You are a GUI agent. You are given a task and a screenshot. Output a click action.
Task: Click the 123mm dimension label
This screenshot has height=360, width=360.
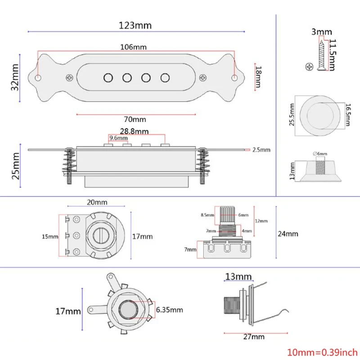point(135,25)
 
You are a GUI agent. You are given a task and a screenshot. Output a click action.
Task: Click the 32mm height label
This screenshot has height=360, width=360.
point(15,78)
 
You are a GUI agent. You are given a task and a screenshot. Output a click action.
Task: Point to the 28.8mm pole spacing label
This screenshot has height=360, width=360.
point(136,131)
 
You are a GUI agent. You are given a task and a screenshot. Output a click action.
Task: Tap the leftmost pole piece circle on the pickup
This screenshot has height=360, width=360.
point(108,77)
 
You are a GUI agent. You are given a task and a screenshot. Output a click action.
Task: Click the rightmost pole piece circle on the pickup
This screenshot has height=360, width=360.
point(165,77)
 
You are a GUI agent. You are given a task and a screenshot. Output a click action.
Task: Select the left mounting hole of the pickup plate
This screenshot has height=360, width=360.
point(38,78)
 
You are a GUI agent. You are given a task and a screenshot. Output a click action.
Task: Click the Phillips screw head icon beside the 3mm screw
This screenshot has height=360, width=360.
point(309,67)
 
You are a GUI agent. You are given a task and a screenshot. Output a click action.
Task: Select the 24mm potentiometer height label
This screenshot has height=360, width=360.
point(288,234)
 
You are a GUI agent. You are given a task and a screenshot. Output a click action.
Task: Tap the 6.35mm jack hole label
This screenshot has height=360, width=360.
point(169,310)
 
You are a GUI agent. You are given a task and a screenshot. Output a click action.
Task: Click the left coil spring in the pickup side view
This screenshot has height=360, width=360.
point(69,164)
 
